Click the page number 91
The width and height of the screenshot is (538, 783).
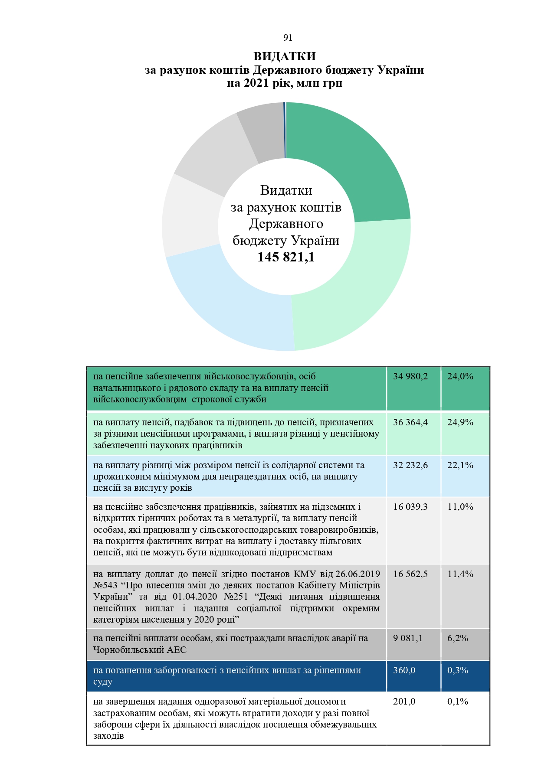(288, 38)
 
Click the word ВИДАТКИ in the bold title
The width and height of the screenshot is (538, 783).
(285, 56)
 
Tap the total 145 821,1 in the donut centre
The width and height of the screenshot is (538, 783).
(286, 257)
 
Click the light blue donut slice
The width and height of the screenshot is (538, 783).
(230, 303)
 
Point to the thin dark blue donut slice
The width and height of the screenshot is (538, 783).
(285, 130)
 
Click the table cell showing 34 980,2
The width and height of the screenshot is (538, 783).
(410, 376)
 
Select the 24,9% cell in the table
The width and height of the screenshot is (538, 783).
(460, 422)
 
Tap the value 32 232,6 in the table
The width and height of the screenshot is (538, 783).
(410, 465)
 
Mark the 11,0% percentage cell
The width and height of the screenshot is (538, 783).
(460, 507)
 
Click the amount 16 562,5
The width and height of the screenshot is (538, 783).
(410, 574)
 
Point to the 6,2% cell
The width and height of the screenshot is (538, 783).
(457, 638)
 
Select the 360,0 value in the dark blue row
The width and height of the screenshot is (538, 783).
(404, 670)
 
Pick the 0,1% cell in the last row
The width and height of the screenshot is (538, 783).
(457, 701)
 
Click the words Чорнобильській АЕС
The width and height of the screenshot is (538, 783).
(140, 649)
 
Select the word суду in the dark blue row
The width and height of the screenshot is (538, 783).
(103, 682)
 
